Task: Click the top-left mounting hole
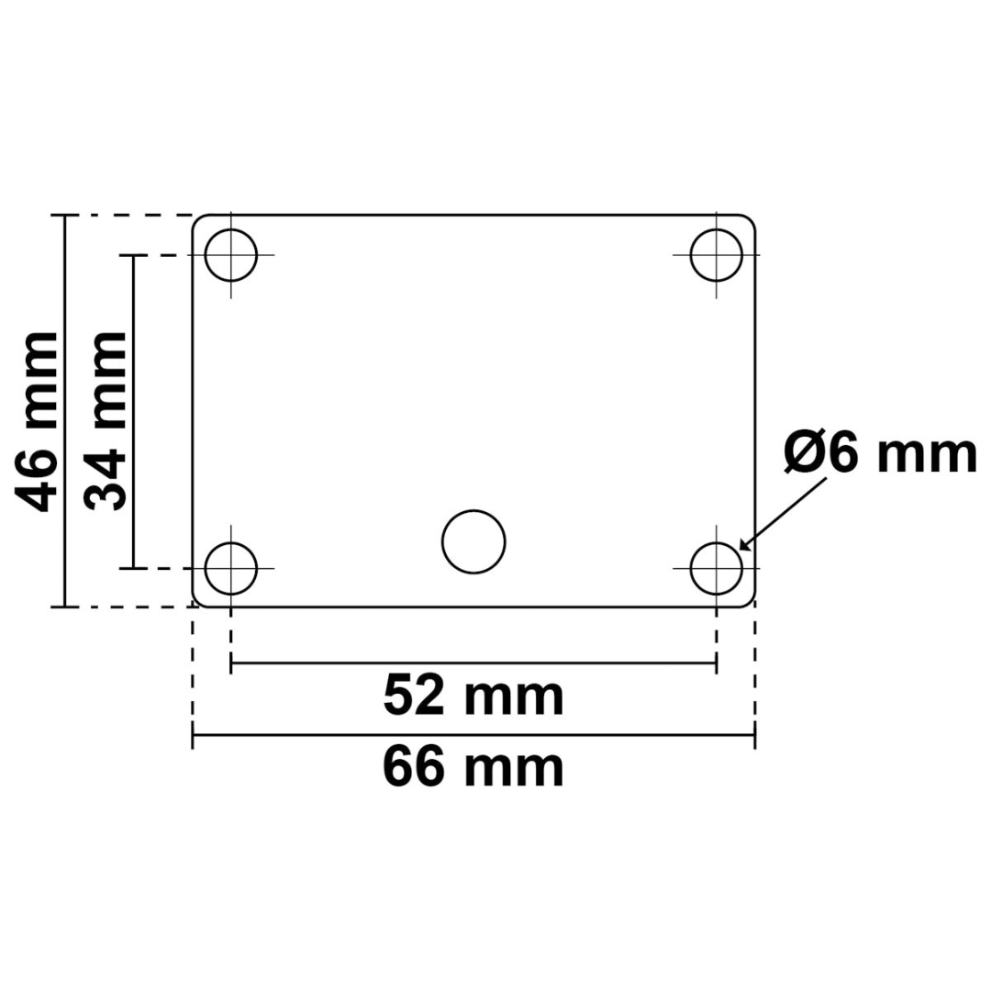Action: click(x=230, y=254)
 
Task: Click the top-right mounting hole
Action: click(x=716, y=254)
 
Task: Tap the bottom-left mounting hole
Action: click(x=230, y=568)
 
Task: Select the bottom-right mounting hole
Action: click(x=716, y=568)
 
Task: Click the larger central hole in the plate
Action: click(x=473, y=541)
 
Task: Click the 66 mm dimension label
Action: click(x=473, y=768)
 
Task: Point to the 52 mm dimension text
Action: click(x=473, y=696)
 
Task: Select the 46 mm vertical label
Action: click(x=40, y=420)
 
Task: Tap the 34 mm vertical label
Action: click(x=106, y=420)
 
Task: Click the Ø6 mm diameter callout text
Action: click(x=880, y=454)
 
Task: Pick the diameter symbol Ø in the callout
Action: click(x=804, y=454)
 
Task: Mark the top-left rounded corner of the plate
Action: click(x=197, y=220)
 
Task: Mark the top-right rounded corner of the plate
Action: click(x=751, y=220)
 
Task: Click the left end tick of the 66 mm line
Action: click(x=193, y=735)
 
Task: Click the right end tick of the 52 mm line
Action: click(x=716, y=662)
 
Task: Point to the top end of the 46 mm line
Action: click(x=63, y=216)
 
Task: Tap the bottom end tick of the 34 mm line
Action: click(x=134, y=568)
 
